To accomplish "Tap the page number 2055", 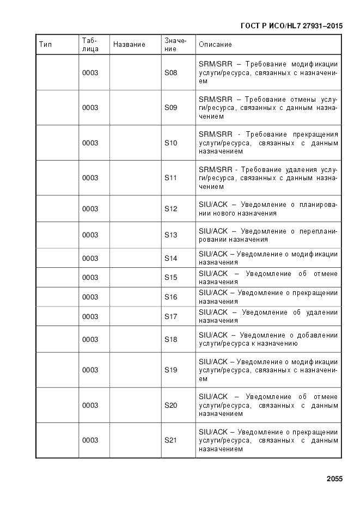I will [x=334, y=479].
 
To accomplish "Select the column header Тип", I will [x=46, y=44].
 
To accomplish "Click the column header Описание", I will [x=215, y=44].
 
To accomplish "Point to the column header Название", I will [x=129, y=44].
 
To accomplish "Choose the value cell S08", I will [x=171, y=72].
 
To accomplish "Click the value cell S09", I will [x=171, y=108].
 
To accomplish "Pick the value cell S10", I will [x=171, y=143].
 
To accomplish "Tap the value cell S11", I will [x=171, y=178].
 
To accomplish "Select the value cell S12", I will [x=171, y=209].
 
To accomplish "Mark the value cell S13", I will [x=171, y=235].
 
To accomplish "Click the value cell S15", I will [x=171, y=278].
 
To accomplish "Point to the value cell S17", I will [x=171, y=316].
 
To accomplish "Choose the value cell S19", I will [x=171, y=370].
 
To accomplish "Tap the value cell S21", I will [x=171, y=440].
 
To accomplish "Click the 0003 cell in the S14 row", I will [x=90, y=259].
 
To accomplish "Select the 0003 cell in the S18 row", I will [x=90, y=340].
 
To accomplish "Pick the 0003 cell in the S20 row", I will [x=90, y=406].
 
